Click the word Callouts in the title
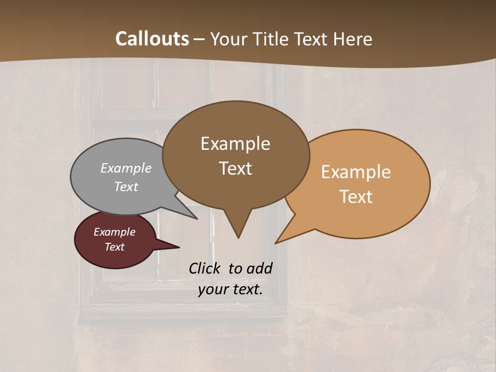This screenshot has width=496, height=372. [152, 39]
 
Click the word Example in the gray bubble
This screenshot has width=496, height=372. [126, 168]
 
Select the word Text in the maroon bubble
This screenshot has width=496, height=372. [115, 247]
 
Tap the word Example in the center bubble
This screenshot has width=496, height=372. [235, 144]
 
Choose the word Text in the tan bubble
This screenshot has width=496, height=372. [357, 196]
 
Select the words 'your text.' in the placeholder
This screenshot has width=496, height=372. [230, 289]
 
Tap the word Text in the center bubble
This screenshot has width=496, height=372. [236, 168]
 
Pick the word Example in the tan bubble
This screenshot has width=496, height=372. [356, 172]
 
